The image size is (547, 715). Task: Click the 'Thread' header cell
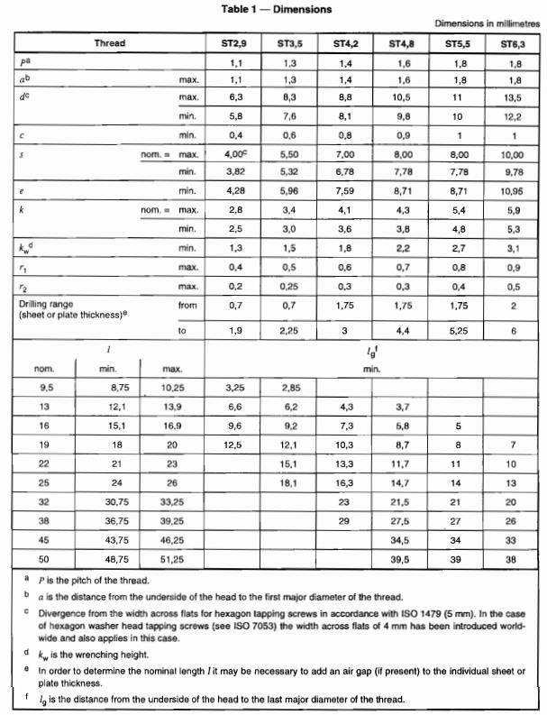[x=110, y=43]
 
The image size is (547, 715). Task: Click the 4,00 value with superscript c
[x=236, y=154]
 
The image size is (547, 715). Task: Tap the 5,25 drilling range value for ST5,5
[x=458, y=331]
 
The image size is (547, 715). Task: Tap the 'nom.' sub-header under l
[x=44, y=368]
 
